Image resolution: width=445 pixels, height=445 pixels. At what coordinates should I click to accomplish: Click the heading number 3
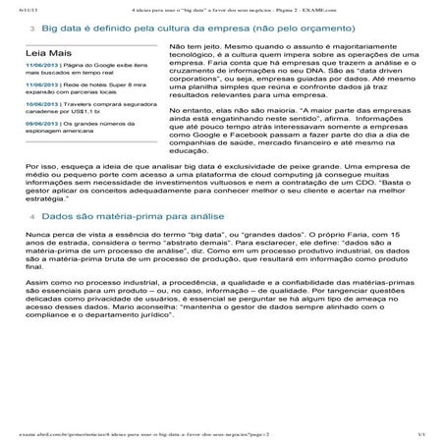tap(34, 30)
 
